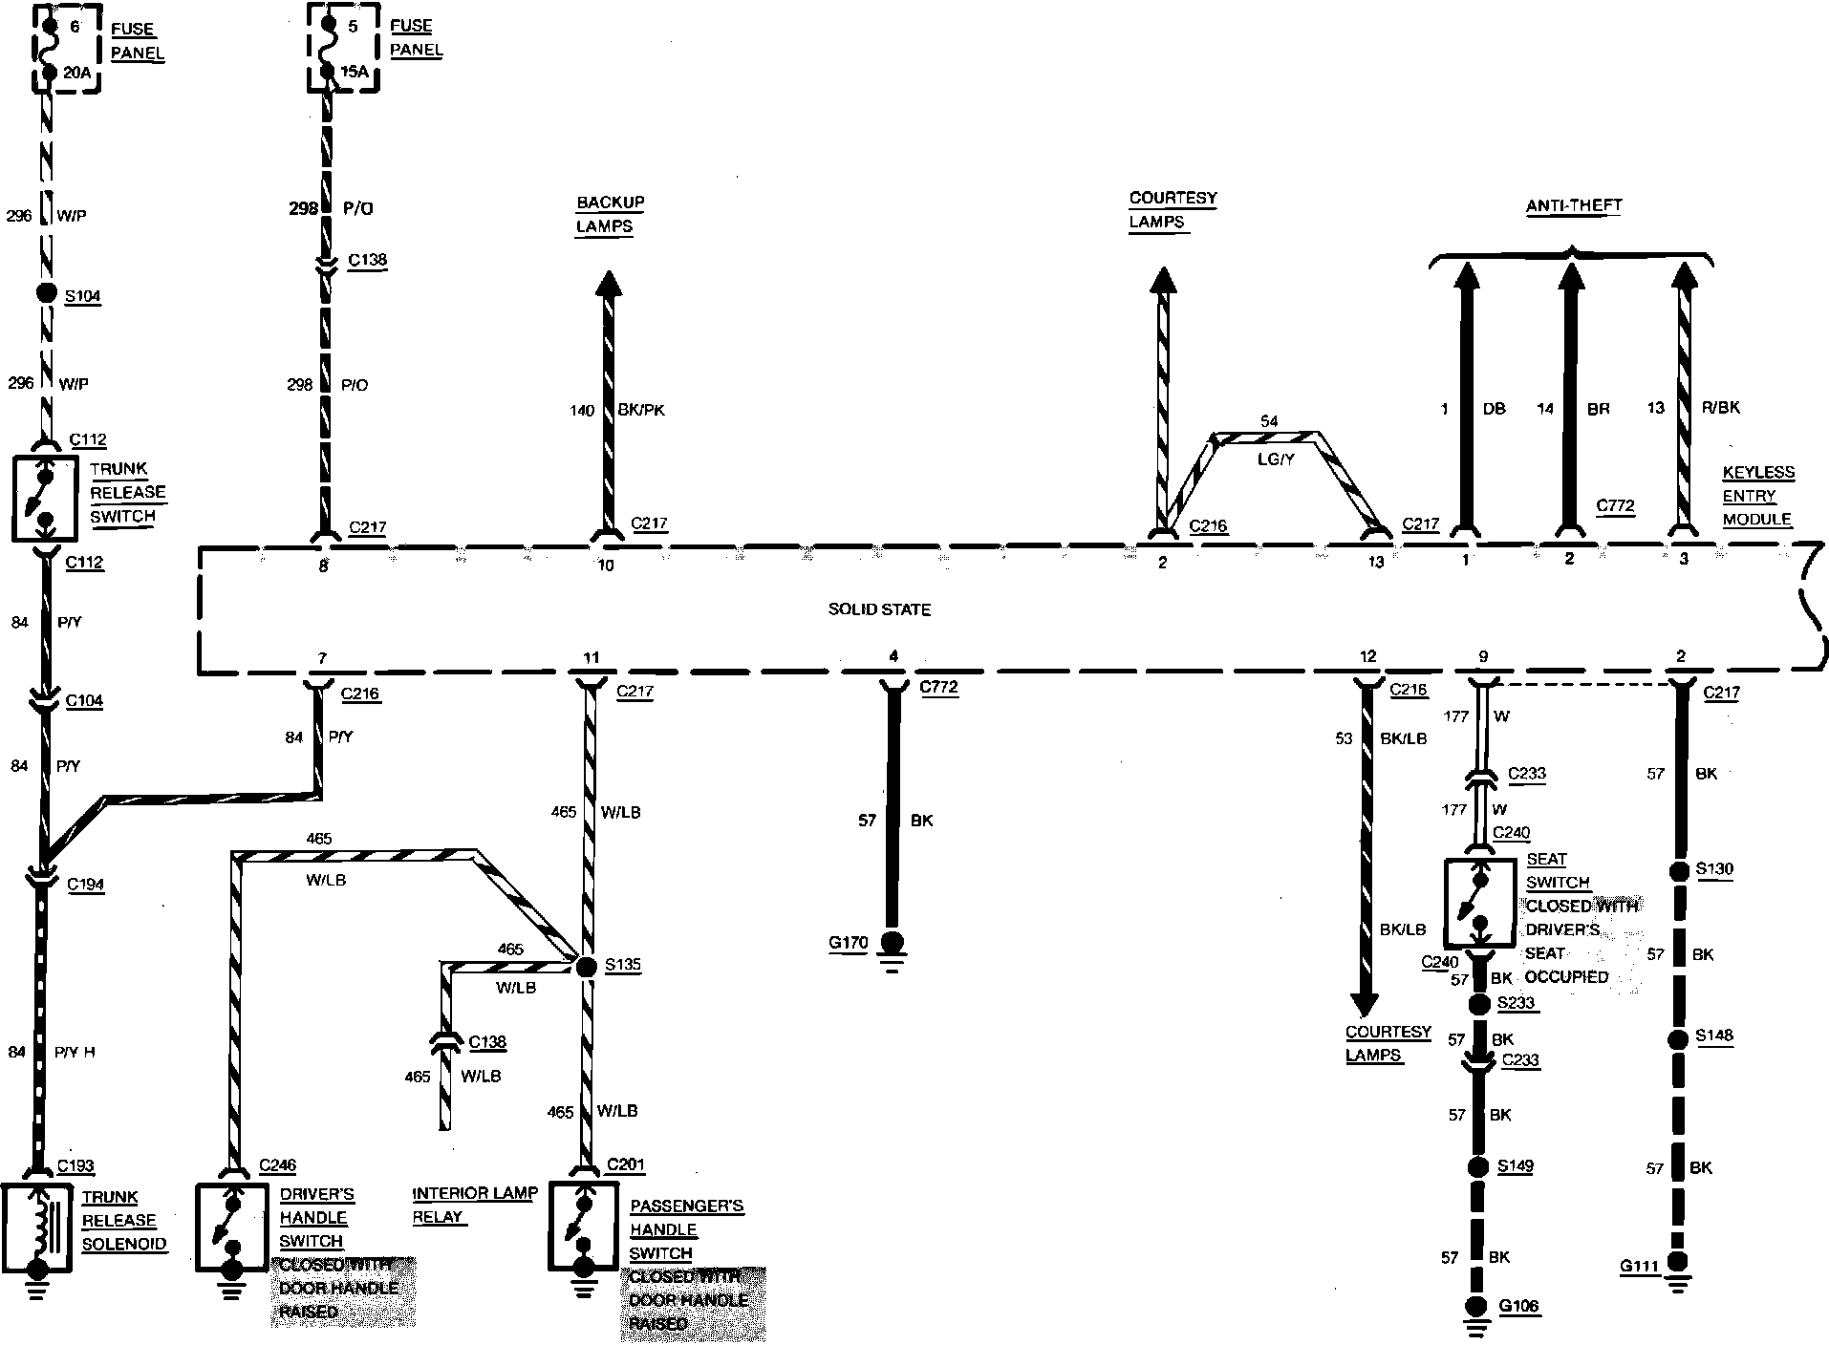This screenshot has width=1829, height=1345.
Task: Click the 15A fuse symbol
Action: coord(328,48)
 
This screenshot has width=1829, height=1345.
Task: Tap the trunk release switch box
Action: coord(45,499)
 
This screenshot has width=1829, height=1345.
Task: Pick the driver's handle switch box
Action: coord(232,1228)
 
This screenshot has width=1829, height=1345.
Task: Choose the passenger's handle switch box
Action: coord(585,1228)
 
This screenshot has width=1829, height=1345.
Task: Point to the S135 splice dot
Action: coord(586,966)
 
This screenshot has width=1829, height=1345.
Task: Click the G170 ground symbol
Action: coord(893,945)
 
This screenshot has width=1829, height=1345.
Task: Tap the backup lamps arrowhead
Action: coord(608,285)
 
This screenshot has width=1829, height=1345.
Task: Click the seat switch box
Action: coord(1480,902)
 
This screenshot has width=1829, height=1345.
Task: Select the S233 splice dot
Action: coord(1479,1003)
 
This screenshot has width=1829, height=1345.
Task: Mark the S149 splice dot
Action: coord(1478,1166)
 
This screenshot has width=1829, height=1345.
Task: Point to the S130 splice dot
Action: coord(1679,870)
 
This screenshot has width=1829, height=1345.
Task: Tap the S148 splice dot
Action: coord(1679,1036)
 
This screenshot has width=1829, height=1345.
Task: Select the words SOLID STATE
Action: coord(879,609)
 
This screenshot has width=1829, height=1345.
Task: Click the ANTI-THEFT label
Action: coord(1573,205)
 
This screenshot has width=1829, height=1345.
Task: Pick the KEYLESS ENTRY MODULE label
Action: coord(1757,496)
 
